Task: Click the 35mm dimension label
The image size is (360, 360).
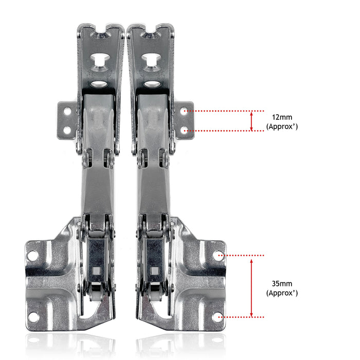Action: coord(281,283)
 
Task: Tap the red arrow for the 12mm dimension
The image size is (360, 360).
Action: coord(251,121)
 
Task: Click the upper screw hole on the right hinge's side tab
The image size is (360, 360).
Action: coord(184,111)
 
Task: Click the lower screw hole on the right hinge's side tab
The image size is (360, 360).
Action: coord(184,131)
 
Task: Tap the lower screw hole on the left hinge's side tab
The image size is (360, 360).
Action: coord(66,130)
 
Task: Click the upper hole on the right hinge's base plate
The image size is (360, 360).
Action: coord(218,255)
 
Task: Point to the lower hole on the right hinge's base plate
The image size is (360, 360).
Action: coord(218,317)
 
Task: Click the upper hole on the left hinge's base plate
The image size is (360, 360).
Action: coord(32,255)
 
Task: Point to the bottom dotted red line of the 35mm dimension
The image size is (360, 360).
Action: coord(242,317)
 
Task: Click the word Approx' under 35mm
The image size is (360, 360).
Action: coord(281,293)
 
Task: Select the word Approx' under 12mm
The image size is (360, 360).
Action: coord(281,126)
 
